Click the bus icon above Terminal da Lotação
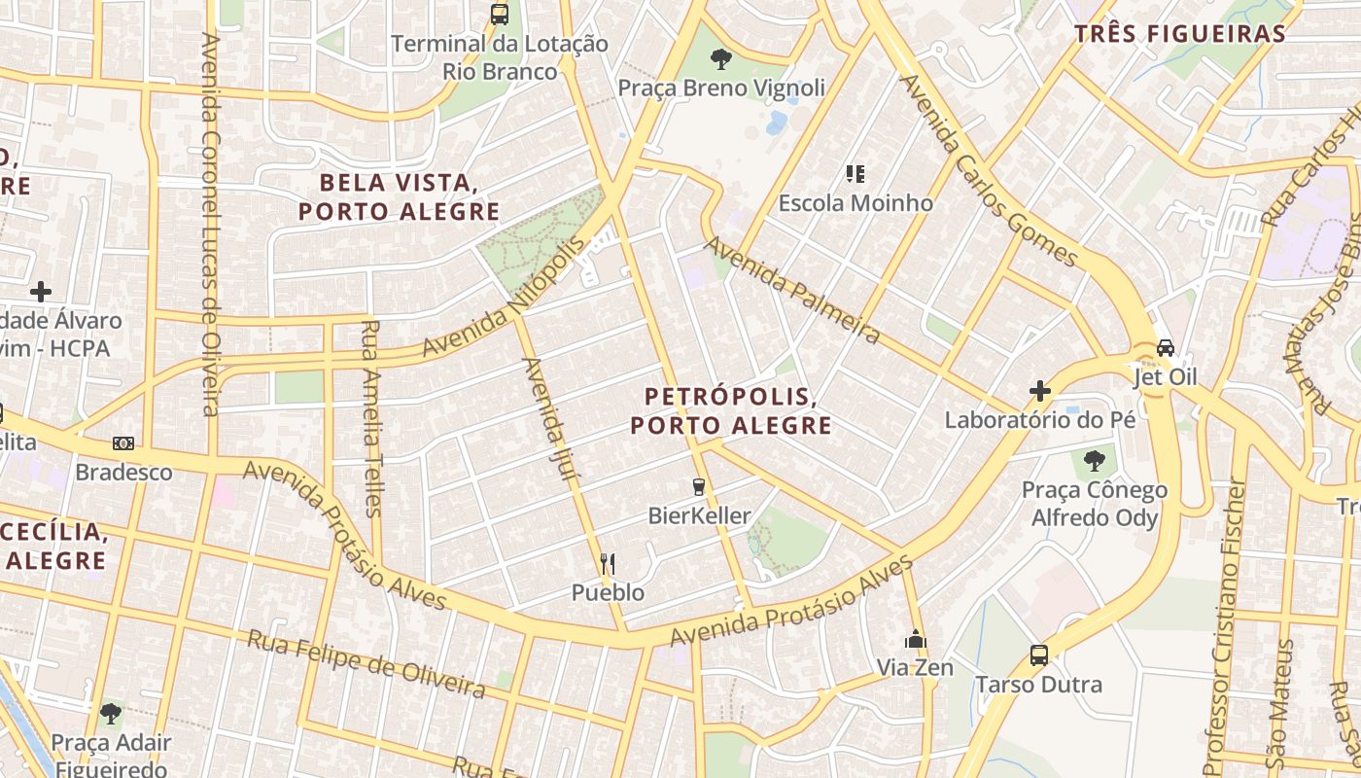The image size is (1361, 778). click(x=500, y=15)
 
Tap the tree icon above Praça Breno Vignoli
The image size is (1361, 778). click(x=720, y=59)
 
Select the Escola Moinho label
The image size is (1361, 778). click(x=855, y=203)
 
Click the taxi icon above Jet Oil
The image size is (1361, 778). click(x=1166, y=347)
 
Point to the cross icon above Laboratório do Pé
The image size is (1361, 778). click(x=1040, y=391)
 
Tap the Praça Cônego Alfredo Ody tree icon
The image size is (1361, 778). click(x=1095, y=459)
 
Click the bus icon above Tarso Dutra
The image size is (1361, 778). click(x=1039, y=654)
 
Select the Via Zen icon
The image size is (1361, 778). click(x=915, y=639)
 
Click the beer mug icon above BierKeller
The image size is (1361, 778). click(x=698, y=486)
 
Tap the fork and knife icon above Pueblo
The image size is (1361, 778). click(x=608, y=563)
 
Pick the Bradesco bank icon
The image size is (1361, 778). click(x=123, y=443)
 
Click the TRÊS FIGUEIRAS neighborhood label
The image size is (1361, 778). click(x=1180, y=34)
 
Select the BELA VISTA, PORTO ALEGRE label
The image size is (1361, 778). click(x=399, y=196)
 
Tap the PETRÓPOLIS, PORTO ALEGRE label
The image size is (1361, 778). click(x=730, y=410)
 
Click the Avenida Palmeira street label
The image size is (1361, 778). click(x=791, y=290)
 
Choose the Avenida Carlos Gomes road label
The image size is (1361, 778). click(x=988, y=171)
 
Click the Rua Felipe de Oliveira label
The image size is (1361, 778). click(x=366, y=664)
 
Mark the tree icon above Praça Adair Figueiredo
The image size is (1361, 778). click(x=111, y=713)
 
